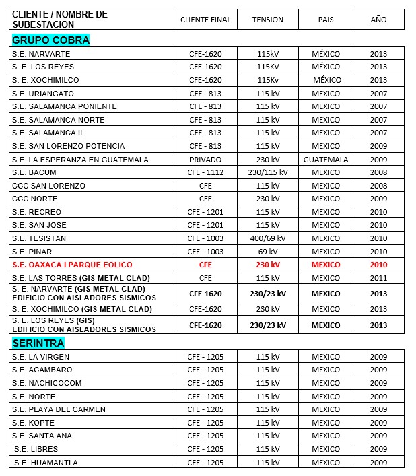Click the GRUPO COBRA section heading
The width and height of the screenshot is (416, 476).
(50, 40)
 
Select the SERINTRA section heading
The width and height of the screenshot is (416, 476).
(38, 343)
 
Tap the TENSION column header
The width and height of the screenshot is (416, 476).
(268, 20)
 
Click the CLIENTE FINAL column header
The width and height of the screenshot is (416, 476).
(205, 20)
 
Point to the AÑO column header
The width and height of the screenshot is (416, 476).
(378, 20)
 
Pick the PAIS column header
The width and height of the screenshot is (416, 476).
(326, 20)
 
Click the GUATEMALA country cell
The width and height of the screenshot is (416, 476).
(326, 160)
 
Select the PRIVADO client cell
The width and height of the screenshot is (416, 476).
(205, 160)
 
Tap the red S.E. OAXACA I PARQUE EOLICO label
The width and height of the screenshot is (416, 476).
(72, 265)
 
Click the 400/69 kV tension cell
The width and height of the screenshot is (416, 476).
(268, 238)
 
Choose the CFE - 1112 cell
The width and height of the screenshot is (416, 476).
(205, 172)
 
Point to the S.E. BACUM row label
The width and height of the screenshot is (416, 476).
(34, 172)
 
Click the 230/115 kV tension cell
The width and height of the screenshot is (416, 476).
(268, 172)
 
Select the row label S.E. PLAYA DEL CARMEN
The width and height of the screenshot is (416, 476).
(59, 409)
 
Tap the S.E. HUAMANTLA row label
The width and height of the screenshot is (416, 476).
(45, 463)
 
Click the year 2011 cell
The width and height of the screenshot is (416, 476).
(378, 278)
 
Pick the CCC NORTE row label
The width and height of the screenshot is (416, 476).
(35, 199)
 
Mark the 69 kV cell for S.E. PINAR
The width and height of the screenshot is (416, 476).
(268, 252)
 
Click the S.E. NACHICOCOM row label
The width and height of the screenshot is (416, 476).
(46, 383)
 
